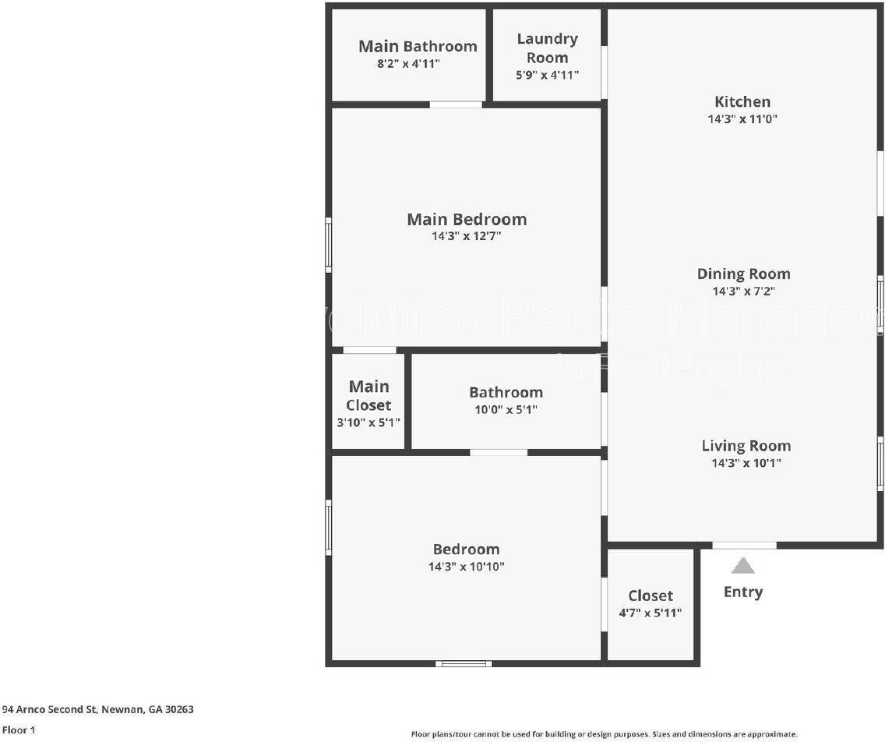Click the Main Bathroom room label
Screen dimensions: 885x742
pyautogui.click(x=418, y=46)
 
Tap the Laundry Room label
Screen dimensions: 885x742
pyautogui.click(x=548, y=48)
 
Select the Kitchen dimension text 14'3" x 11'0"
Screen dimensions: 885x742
pyautogui.click(x=742, y=119)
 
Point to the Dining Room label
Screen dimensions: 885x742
pyautogui.click(x=743, y=274)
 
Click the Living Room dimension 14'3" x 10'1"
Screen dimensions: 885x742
pyautogui.click(x=746, y=463)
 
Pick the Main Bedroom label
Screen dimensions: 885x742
pyautogui.click(x=467, y=219)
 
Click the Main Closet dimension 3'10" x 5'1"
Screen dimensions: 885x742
pyautogui.click(x=368, y=422)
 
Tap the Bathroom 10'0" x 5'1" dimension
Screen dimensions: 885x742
pyautogui.click(x=506, y=409)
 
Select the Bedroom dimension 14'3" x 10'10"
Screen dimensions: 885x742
pyautogui.click(x=466, y=567)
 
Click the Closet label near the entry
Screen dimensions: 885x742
pyautogui.click(x=651, y=595)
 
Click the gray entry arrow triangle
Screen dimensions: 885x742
pyautogui.click(x=742, y=566)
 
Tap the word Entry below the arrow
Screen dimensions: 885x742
pyautogui.click(x=742, y=592)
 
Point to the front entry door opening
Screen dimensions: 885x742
pyautogui.click(x=745, y=546)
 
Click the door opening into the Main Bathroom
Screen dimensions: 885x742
pyautogui.click(x=456, y=104)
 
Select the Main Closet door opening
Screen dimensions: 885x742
pyautogui.click(x=370, y=350)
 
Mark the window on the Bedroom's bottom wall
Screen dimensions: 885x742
pyautogui.click(x=464, y=663)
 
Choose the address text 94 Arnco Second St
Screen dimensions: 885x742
pyautogui.click(x=50, y=709)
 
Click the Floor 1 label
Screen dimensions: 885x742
pyautogui.click(x=19, y=730)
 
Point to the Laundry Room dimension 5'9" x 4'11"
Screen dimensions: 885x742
pyautogui.click(x=548, y=75)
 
